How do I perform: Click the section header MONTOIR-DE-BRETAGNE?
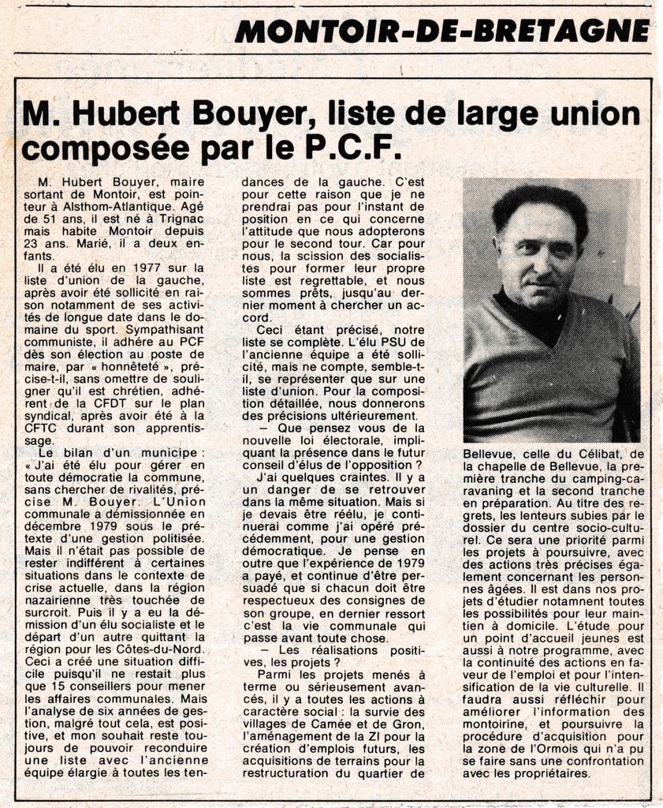pos(442,31)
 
